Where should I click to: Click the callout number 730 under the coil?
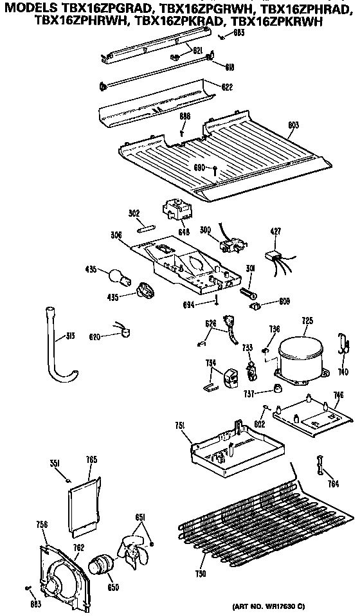[x=202, y=573]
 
